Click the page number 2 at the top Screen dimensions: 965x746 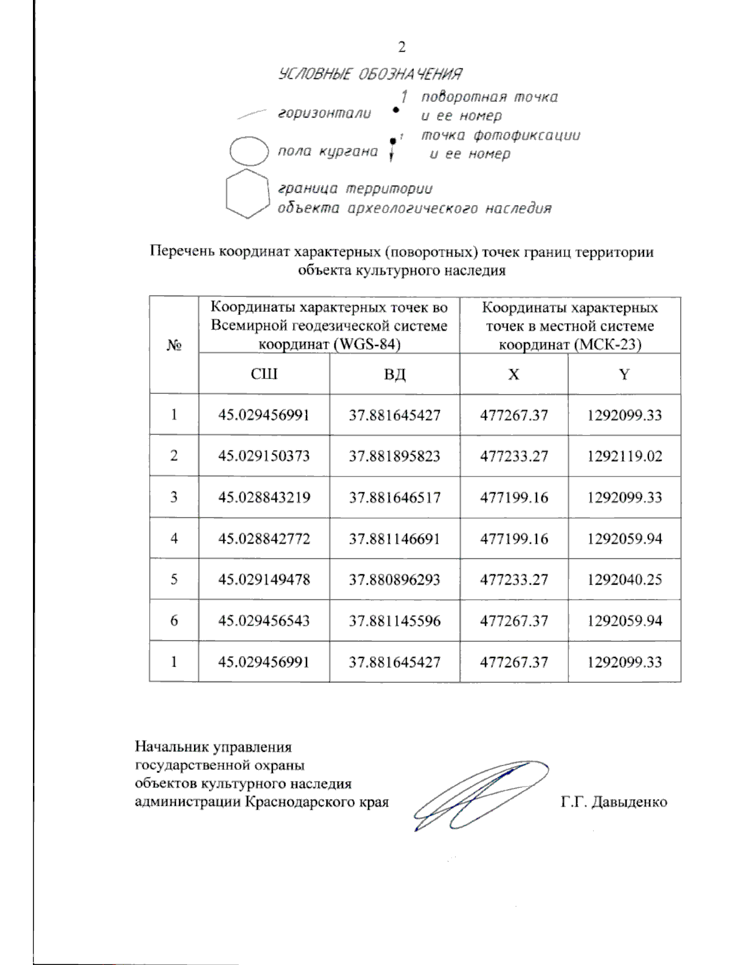tap(401, 47)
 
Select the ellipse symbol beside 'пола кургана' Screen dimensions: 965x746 tap(249, 151)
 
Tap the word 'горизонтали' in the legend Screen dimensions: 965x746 tap(325, 114)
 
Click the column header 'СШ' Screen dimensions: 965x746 tap(264, 374)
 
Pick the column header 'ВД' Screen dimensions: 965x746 tap(394, 374)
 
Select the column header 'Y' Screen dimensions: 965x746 tap(624, 374)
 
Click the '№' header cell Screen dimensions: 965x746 tap(173, 345)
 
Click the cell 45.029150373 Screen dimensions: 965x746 tap(264, 456)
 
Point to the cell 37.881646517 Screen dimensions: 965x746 tap(394, 497)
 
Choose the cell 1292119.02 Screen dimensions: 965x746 tap(624, 456)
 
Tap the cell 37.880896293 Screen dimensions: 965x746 tap(394, 580)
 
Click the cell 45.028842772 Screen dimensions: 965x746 tap(264, 539)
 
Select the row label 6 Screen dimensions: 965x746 tap(173, 621)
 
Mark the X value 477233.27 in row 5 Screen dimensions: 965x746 tap(513, 580)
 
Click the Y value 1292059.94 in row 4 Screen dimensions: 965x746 tap(624, 539)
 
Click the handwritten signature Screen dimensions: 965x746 tap(479, 795)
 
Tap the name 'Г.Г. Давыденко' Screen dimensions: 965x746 tap(613, 802)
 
